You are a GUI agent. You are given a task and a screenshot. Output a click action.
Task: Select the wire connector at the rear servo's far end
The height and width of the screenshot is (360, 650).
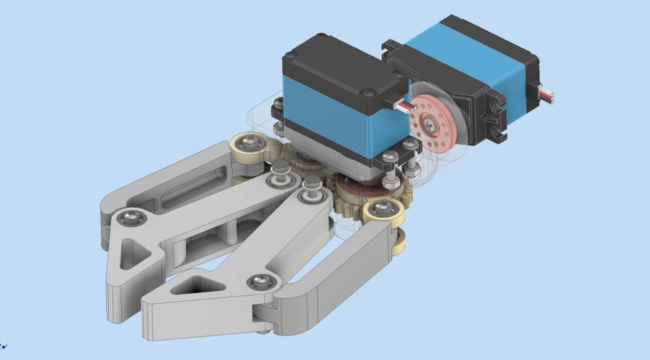[548, 95]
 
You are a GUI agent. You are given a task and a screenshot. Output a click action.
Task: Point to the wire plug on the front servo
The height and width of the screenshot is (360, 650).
[402, 106]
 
